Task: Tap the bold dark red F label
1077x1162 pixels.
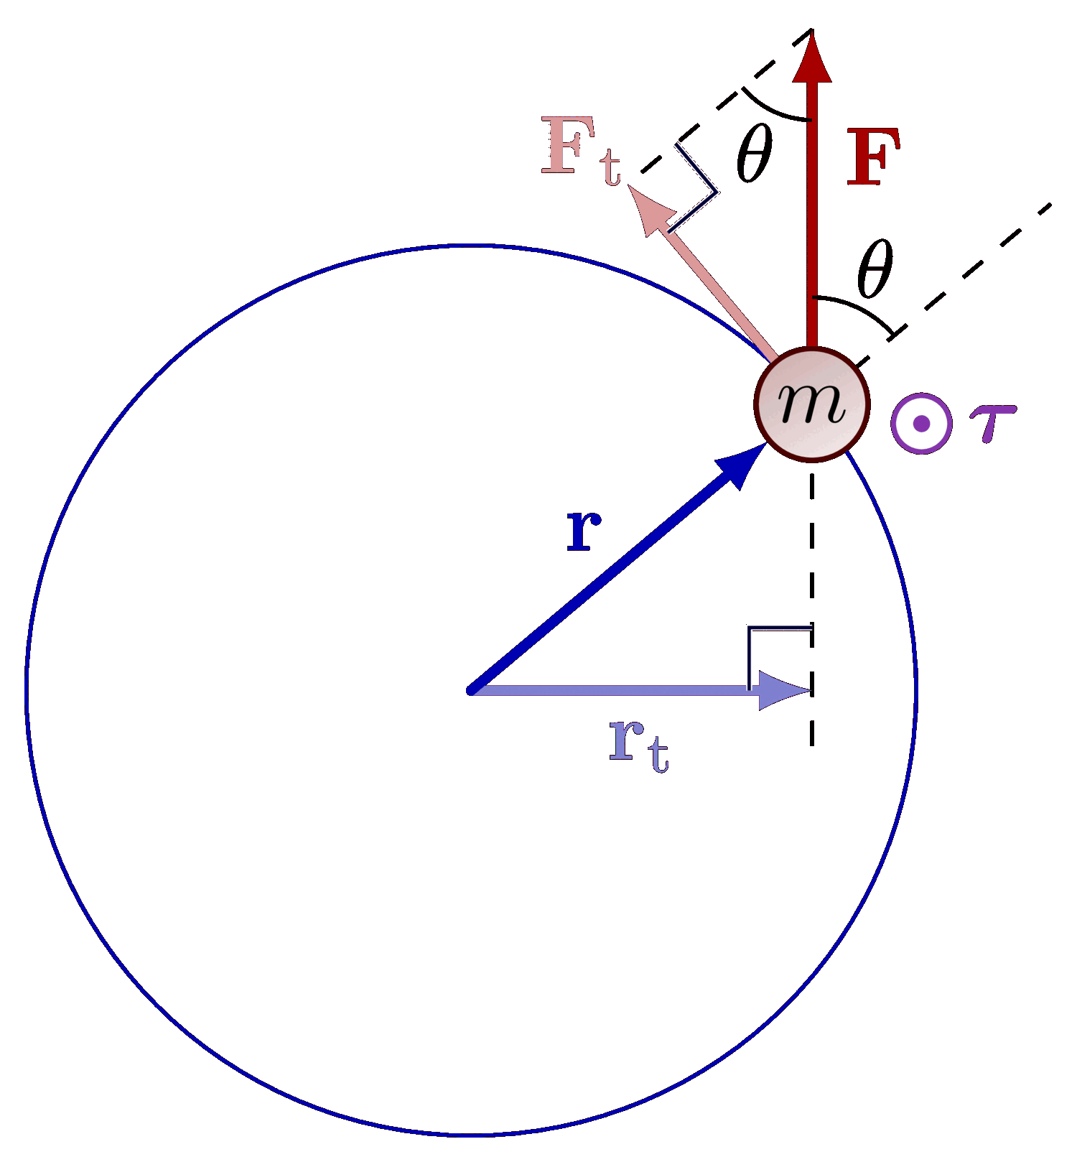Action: (873, 157)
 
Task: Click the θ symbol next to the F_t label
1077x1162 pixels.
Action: (755, 152)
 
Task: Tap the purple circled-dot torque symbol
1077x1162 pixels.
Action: (921, 424)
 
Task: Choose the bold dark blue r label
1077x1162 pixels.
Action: (583, 530)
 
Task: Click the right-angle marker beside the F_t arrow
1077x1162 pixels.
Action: (696, 188)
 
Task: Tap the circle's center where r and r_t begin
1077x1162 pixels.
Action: (471, 690)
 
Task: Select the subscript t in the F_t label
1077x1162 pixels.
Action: (610, 167)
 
